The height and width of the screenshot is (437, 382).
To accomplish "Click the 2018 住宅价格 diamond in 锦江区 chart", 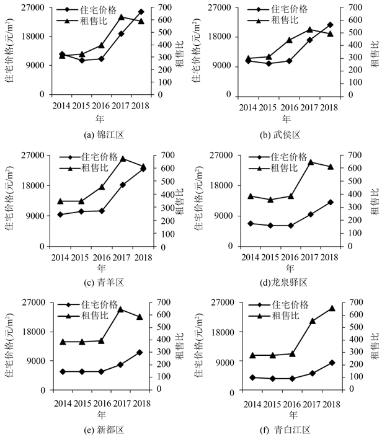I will click(141, 12).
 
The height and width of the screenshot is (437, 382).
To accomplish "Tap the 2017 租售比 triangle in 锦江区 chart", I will click(122, 17).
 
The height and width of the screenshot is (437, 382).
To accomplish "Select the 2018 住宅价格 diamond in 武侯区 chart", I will click(330, 25).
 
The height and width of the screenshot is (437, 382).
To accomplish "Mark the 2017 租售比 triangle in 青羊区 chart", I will click(123, 159).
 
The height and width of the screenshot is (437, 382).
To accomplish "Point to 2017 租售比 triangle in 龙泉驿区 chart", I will click(311, 162).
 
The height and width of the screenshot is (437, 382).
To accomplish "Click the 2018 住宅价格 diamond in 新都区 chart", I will click(140, 352).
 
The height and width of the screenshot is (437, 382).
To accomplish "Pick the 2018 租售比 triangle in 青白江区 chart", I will click(332, 308).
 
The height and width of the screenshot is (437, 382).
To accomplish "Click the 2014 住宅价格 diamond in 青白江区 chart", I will click(252, 377).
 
